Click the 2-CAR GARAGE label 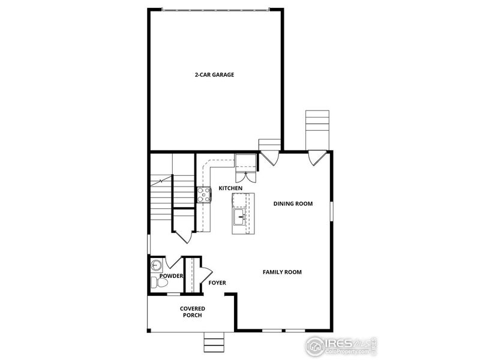(214, 75)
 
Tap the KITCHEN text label (230, 188)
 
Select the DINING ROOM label (293, 204)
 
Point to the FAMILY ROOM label (282, 272)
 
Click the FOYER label (217, 282)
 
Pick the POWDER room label (171, 276)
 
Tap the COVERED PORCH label (192, 312)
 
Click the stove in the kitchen (204, 193)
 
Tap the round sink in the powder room (156, 265)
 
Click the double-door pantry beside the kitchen (245, 176)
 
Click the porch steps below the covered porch (213, 343)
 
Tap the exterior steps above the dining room (317, 128)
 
